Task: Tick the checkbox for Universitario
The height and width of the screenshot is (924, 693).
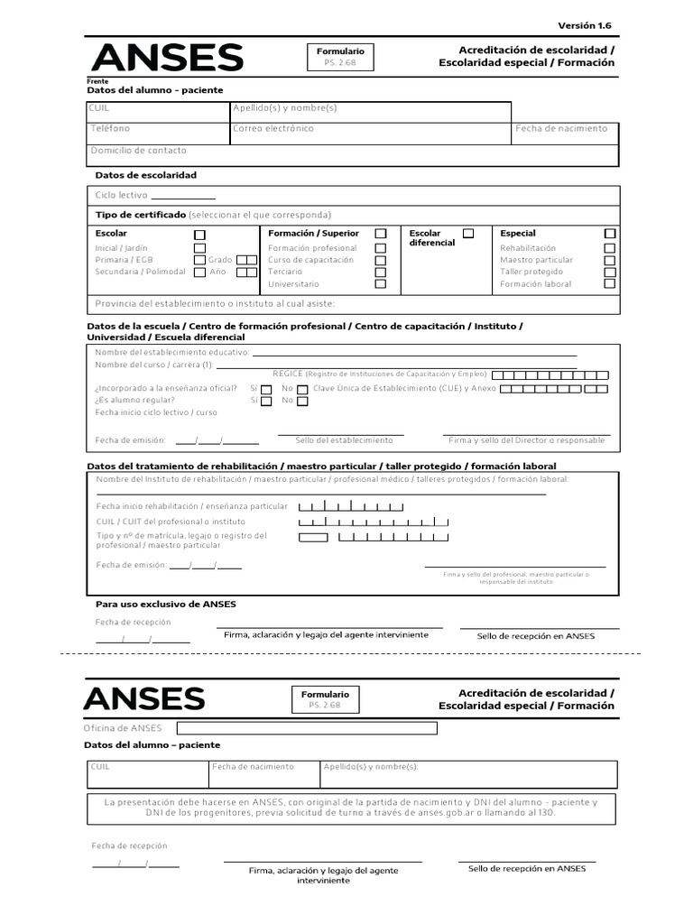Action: tap(381, 283)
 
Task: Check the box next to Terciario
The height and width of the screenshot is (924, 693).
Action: tap(381, 272)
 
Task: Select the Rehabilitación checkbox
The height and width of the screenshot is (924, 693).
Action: tap(610, 248)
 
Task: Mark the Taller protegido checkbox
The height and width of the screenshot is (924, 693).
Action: tap(610, 272)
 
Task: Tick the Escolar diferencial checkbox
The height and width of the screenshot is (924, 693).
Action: tap(468, 233)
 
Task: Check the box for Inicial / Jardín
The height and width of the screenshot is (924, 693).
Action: tap(199, 248)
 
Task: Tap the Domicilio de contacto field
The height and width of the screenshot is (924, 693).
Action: tap(352, 155)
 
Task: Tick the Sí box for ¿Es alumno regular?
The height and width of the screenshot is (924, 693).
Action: tap(265, 401)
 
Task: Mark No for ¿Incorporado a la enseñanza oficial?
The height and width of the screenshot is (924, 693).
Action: tap(302, 389)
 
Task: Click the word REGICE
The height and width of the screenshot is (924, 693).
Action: tap(288, 374)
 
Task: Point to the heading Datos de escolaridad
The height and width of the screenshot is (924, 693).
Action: tap(145, 175)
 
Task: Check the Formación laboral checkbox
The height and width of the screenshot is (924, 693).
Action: tap(610, 283)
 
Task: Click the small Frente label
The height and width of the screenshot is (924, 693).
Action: tap(97, 81)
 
